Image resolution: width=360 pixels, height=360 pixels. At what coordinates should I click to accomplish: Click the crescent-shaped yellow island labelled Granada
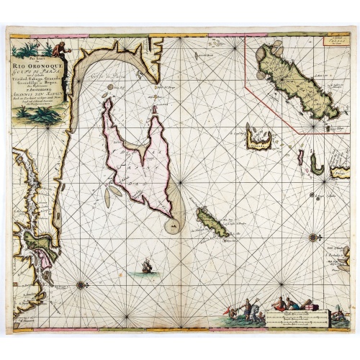coord(257,137)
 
